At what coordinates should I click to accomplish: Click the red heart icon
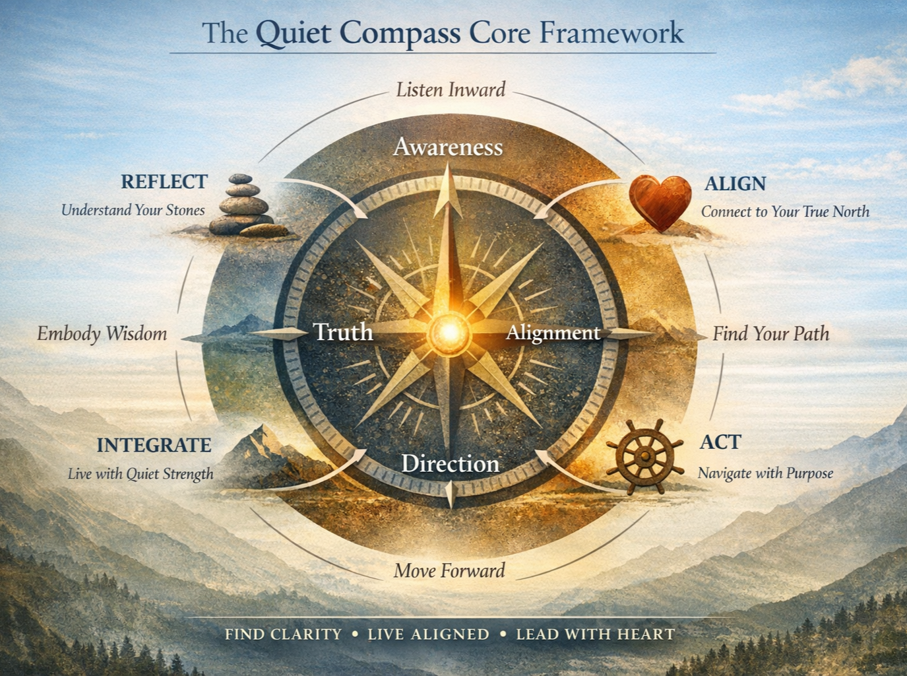click(660, 202)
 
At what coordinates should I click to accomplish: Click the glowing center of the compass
click(449, 331)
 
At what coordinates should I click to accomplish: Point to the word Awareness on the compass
click(448, 147)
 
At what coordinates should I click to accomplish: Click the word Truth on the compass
click(343, 332)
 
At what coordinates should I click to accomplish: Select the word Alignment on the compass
click(553, 333)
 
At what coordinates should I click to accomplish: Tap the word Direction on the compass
click(450, 463)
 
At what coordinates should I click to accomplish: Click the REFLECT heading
click(164, 182)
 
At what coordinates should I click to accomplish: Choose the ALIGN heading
click(735, 184)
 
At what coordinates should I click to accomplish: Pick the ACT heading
click(720, 442)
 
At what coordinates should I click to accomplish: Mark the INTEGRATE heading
click(154, 445)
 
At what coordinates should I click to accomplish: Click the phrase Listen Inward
click(451, 90)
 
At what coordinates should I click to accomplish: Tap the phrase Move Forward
click(449, 570)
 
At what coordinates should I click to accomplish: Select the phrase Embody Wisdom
click(102, 333)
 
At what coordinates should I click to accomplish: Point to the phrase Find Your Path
click(770, 333)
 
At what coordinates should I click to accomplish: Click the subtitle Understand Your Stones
click(133, 210)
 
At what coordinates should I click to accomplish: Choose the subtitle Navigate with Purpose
click(765, 473)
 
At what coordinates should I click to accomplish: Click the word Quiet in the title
click(294, 33)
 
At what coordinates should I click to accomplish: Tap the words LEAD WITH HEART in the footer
click(595, 634)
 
